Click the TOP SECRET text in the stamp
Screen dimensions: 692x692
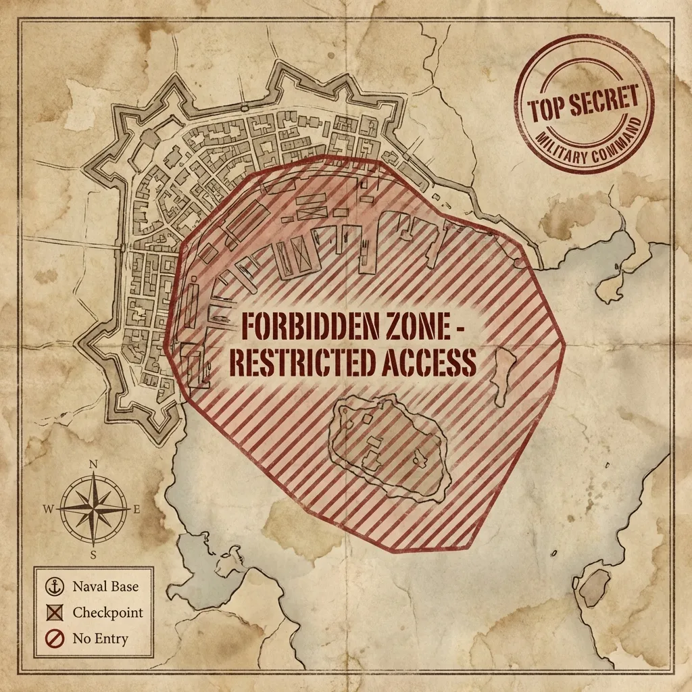pyautogui.click(x=584, y=103)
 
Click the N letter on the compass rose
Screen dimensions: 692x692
pyautogui.click(x=93, y=464)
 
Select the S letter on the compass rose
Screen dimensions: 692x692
pyautogui.click(x=93, y=555)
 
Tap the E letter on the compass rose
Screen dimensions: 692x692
pyautogui.click(x=137, y=510)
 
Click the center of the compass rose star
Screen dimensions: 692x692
pyautogui.click(x=93, y=510)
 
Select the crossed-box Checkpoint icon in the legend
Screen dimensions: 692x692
pyautogui.click(x=52, y=613)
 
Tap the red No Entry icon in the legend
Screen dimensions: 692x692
pyautogui.click(x=52, y=638)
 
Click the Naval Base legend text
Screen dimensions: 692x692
pyautogui.click(x=105, y=587)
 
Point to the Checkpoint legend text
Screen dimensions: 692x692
pyautogui.click(x=108, y=613)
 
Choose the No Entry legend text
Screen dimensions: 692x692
pyautogui.click(x=101, y=638)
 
